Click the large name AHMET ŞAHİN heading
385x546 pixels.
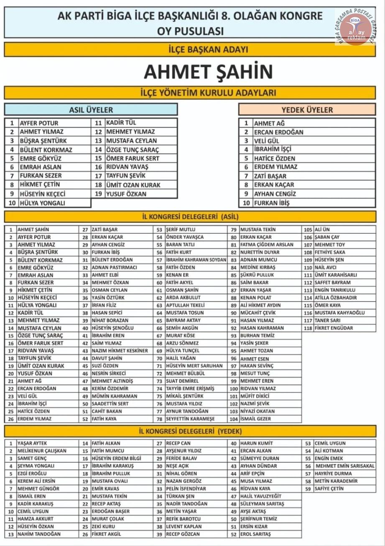(x=208, y=72)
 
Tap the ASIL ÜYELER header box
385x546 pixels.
(x=91, y=110)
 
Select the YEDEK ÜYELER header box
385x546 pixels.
(x=307, y=110)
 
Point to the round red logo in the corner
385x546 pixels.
(x=356, y=29)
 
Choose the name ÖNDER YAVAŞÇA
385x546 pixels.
(x=185, y=237)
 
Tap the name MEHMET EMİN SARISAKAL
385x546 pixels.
(x=345, y=466)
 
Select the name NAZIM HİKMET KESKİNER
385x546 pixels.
(x=120, y=351)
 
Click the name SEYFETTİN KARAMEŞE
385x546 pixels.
(x=190, y=419)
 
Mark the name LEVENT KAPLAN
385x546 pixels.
(x=184, y=526)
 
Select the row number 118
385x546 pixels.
(x=308, y=328)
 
